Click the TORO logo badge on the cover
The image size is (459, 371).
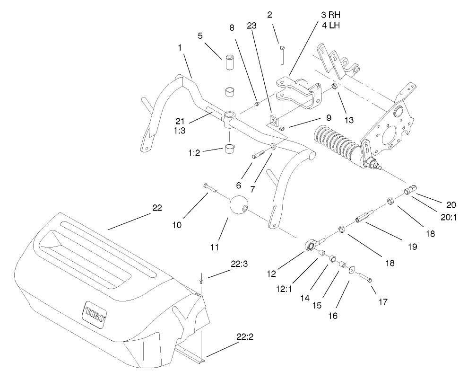pyautogui.click(x=96, y=313)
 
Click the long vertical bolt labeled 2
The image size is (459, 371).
pyautogui.click(x=281, y=56)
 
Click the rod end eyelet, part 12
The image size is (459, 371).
pyautogui.click(x=309, y=245)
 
